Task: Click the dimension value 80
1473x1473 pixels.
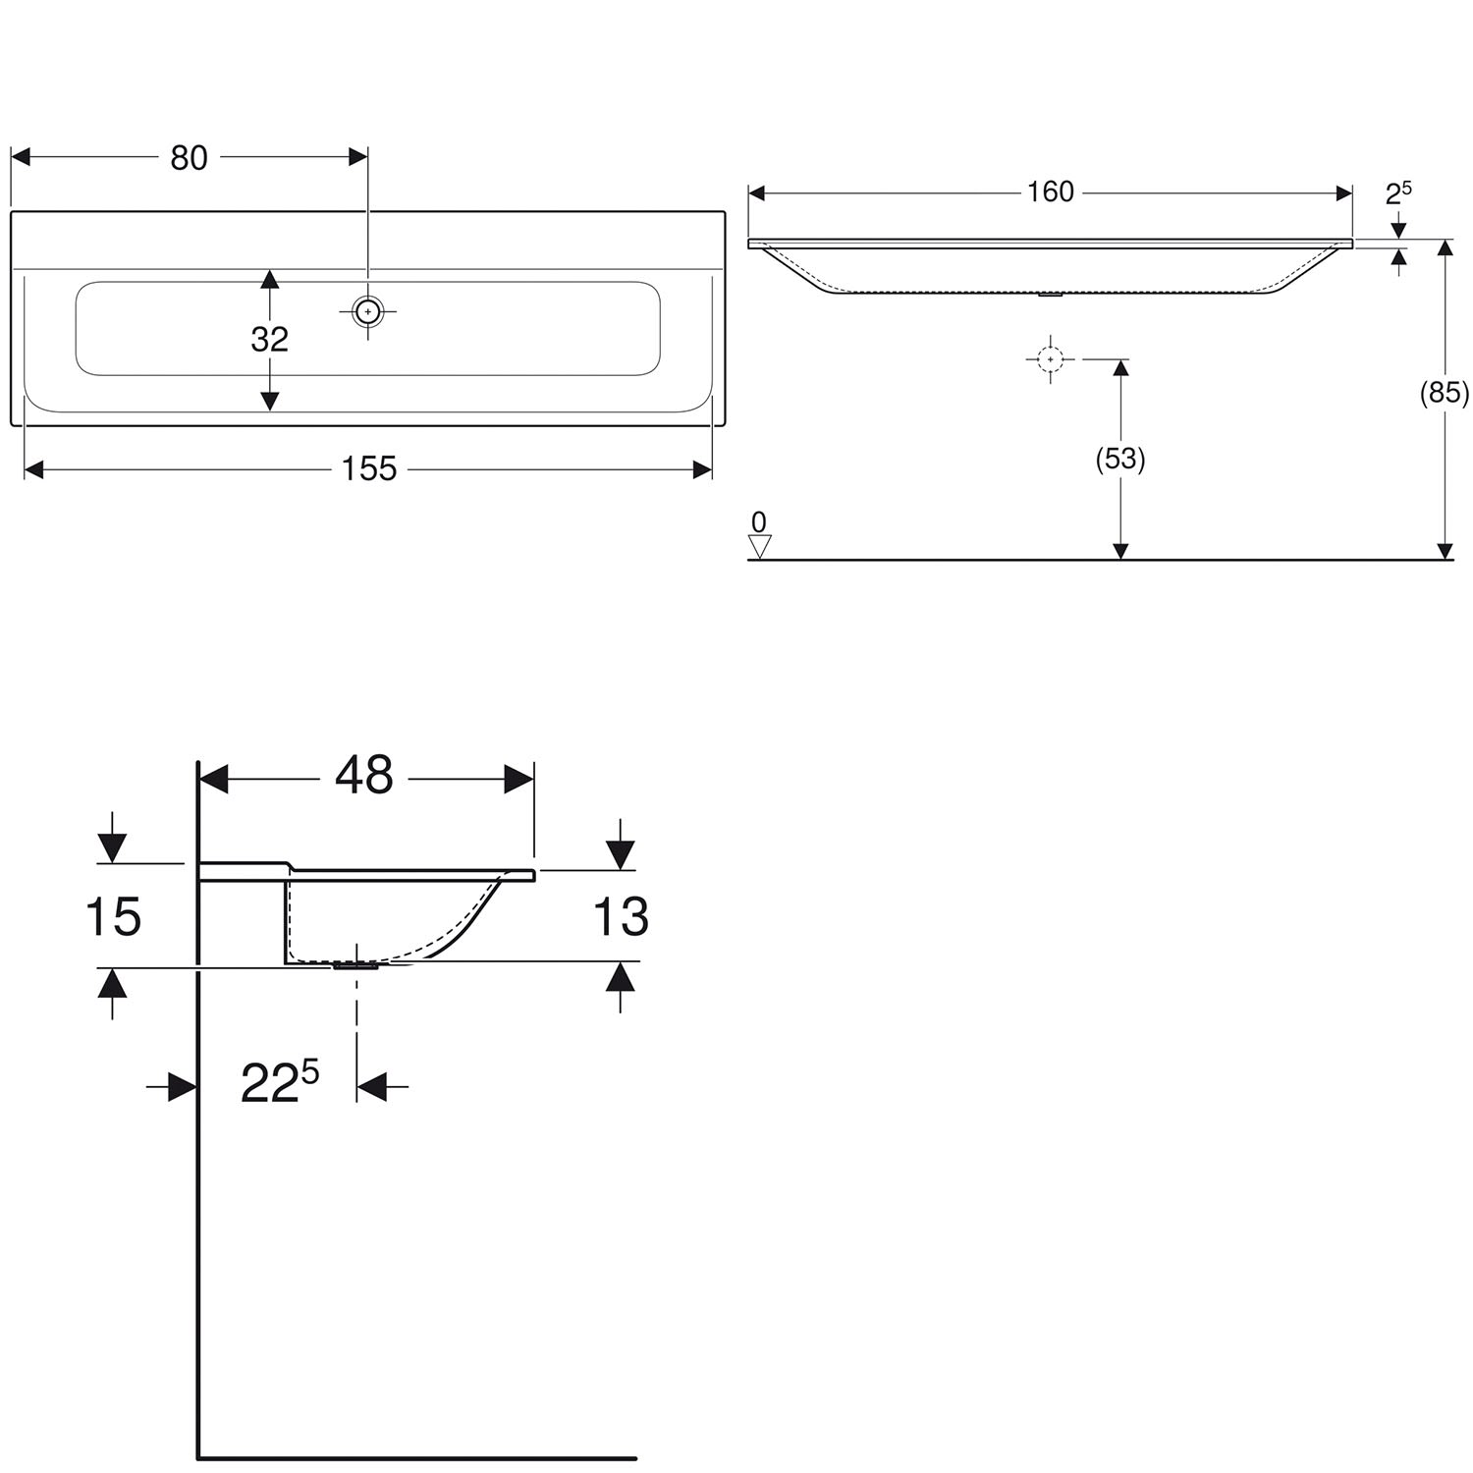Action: tap(189, 157)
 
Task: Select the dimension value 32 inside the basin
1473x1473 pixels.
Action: tap(269, 339)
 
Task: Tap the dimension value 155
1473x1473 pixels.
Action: tap(369, 469)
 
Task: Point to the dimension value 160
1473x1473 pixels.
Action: tap(1051, 191)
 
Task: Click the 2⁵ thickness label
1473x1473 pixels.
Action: tap(1398, 192)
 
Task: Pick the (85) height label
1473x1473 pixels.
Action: tap(1445, 393)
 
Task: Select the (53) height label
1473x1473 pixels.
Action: tap(1120, 459)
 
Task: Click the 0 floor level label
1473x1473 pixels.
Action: tap(758, 521)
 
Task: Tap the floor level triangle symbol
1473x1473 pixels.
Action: tap(759, 546)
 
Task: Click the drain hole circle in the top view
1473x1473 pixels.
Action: tap(367, 311)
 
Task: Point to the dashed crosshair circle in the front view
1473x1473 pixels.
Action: tap(1050, 359)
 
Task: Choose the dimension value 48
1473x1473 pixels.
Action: tap(364, 776)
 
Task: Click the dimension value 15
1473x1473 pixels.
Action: tap(113, 917)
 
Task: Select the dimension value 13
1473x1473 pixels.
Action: tap(621, 917)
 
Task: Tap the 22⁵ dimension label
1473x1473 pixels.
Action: tap(280, 1082)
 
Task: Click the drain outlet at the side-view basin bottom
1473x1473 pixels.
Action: tap(355, 966)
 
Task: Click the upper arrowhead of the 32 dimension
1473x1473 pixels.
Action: tap(269, 279)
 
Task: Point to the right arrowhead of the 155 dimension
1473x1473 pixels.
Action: tap(702, 469)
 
